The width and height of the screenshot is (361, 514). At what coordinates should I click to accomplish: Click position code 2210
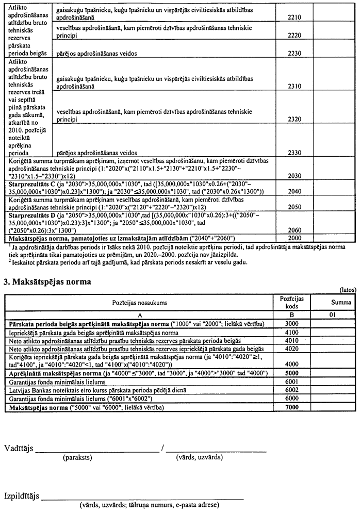pyautogui.click(x=294, y=16)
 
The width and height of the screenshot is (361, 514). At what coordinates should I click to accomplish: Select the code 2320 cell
pyautogui.click(x=294, y=119)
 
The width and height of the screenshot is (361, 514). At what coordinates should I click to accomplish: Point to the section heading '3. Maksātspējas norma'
pyautogui.click(x=47, y=282)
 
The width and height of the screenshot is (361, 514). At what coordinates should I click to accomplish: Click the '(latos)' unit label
pyautogui.click(x=348, y=290)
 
